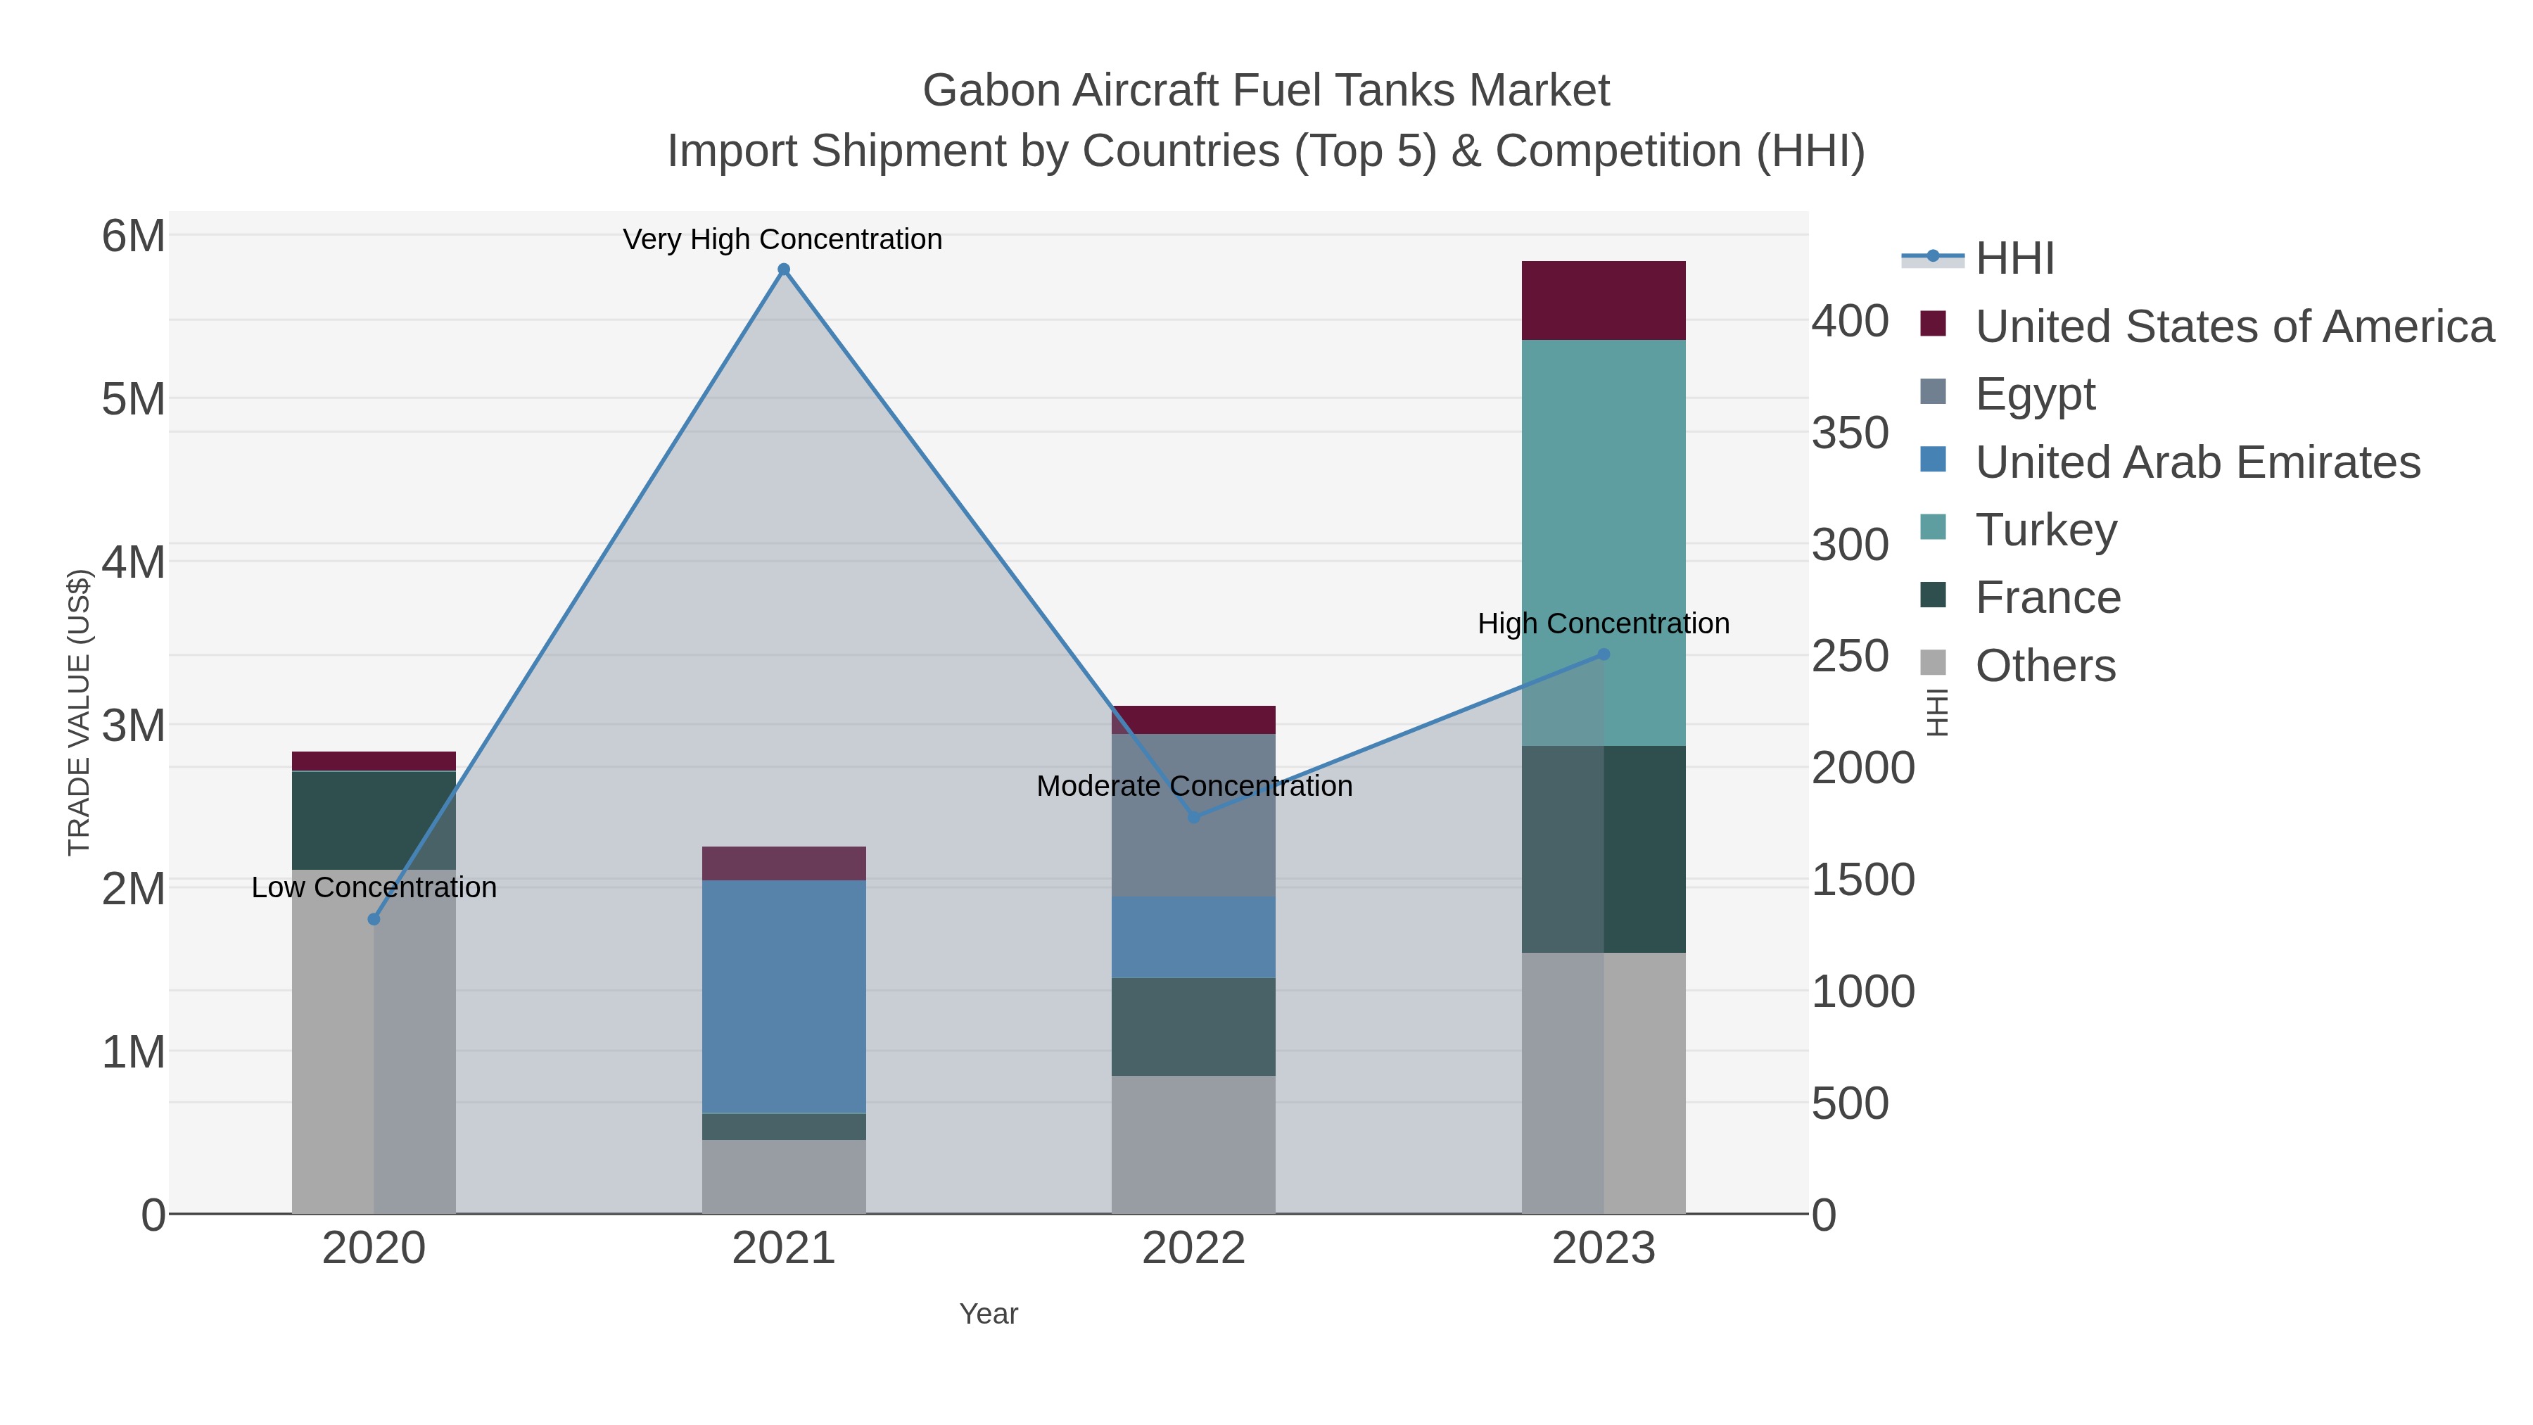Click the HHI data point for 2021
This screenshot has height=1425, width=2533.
pos(784,270)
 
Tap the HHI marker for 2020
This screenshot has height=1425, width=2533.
pos(374,920)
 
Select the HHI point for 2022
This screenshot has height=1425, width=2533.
pos(1194,817)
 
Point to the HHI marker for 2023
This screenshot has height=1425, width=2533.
pos(1604,654)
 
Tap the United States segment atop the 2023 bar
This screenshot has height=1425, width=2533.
pos(1604,300)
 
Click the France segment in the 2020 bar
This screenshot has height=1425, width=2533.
pos(374,821)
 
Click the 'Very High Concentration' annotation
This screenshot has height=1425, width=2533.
pos(782,239)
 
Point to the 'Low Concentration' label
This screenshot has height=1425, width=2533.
pos(374,887)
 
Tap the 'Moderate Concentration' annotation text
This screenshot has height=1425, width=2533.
pos(1194,786)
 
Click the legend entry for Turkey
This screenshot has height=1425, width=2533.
pos(2045,530)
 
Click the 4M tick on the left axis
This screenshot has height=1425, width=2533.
pos(133,562)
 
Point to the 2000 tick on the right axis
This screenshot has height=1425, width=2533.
pos(1862,768)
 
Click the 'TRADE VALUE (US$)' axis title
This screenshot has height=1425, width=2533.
pos(79,712)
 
